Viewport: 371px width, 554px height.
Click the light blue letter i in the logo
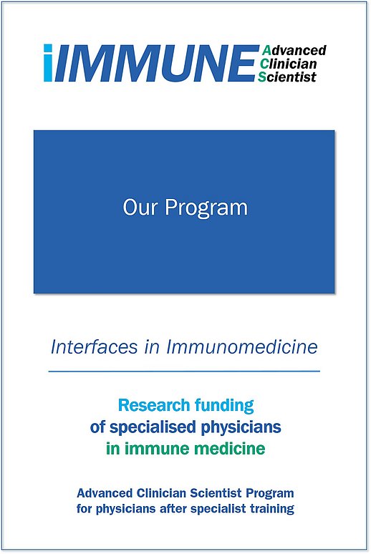point(48,63)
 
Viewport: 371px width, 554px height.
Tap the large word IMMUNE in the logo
point(155,63)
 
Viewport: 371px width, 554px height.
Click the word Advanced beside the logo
point(294,50)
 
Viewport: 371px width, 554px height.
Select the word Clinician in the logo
point(287,64)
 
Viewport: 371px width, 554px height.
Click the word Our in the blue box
point(139,207)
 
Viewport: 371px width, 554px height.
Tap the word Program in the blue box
point(206,208)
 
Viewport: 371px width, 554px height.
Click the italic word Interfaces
point(94,346)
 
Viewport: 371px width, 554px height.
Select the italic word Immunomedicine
point(242,346)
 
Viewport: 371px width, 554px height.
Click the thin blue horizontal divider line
point(184,371)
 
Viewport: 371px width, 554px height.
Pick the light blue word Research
point(154,405)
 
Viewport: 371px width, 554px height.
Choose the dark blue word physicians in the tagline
point(241,427)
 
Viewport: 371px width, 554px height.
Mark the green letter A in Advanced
point(266,51)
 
